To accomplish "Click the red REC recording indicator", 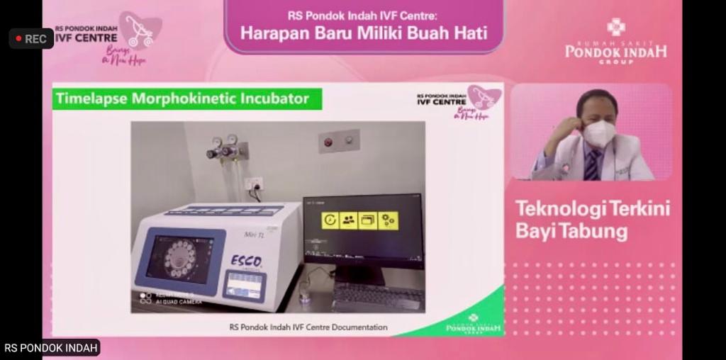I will (x=31, y=38).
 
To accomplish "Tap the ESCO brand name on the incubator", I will (x=246, y=261).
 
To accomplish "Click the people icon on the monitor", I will (x=349, y=220).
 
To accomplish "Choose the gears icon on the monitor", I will (x=388, y=220).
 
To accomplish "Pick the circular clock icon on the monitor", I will (x=330, y=220).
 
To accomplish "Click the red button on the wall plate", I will (x=328, y=142).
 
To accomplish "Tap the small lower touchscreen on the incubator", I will (x=245, y=285).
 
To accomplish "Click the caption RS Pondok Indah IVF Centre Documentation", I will (x=308, y=327).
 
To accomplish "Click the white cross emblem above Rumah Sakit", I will (x=615, y=27).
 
